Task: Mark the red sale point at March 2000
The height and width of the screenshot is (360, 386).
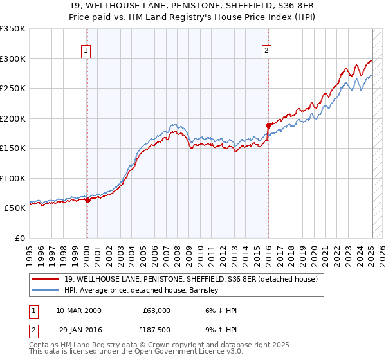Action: [x=87, y=200]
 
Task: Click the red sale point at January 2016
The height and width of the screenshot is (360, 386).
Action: [x=268, y=125]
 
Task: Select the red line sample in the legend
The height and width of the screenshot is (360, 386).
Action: [x=46, y=279]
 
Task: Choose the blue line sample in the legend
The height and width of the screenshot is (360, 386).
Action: [x=46, y=290]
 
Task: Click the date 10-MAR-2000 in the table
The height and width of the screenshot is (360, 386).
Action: [x=78, y=310]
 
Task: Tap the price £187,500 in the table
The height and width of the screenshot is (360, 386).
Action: [x=156, y=329]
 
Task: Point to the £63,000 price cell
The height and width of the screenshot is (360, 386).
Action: [x=156, y=310]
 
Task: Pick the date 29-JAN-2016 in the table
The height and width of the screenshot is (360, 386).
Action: [x=78, y=329]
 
